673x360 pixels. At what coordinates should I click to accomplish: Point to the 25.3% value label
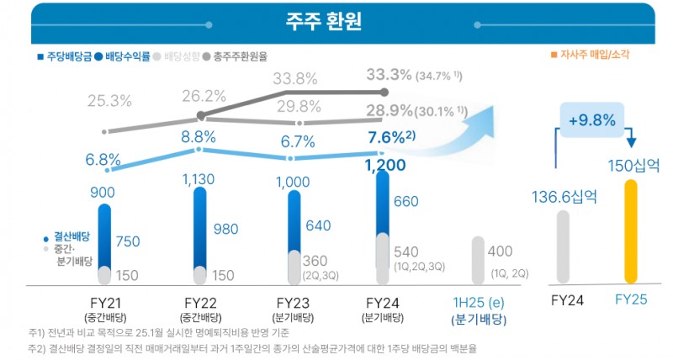[x=109, y=101]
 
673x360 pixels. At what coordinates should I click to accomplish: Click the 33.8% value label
[x=295, y=79]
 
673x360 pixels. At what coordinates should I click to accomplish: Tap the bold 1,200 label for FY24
[x=386, y=165]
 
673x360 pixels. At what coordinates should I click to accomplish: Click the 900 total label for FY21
[x=102, y=193]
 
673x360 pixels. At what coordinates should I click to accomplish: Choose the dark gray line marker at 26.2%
[x=200, y=115]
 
